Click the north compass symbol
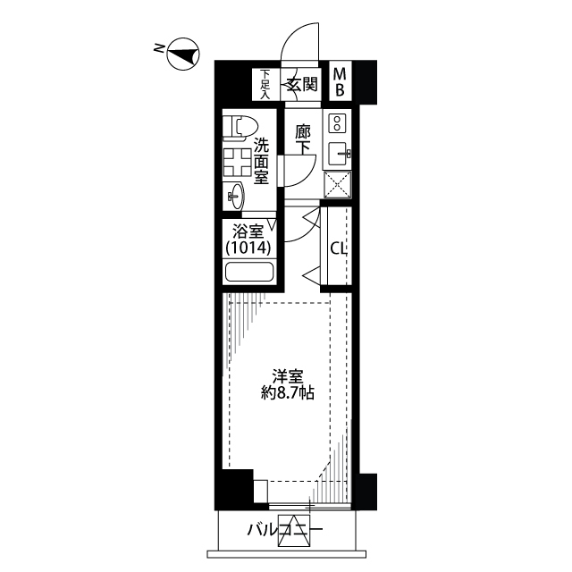(183, 54)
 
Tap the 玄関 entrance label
(302, 84)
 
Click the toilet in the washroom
(240, 128)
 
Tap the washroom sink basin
(234, 197)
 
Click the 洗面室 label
(261, 161)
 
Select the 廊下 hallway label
(303, 139)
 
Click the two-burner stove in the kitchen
(338, 123)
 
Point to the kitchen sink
(340, 154)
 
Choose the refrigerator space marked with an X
(338, 185)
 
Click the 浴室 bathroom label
(248, 231)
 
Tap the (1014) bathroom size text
(248, 248)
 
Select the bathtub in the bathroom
(249, 272)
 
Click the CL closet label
(338, 249)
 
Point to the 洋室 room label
(288, 377)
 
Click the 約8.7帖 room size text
(288, 393)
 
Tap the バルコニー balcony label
(285, 530)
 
